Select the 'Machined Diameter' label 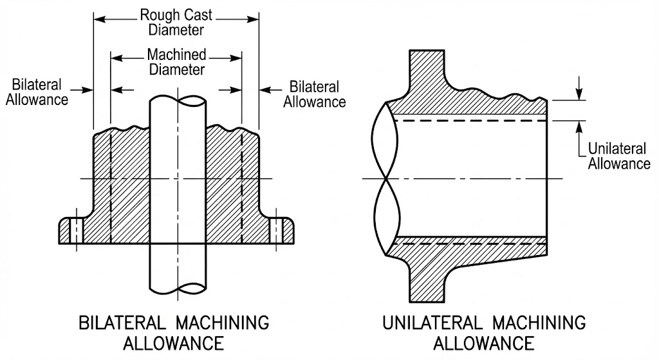[176, 62]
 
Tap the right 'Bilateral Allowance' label [315, 94]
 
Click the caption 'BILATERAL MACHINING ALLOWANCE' [173, 331]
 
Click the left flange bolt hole [76, 228]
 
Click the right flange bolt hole [277, 228]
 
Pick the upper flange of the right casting [427, 68]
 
